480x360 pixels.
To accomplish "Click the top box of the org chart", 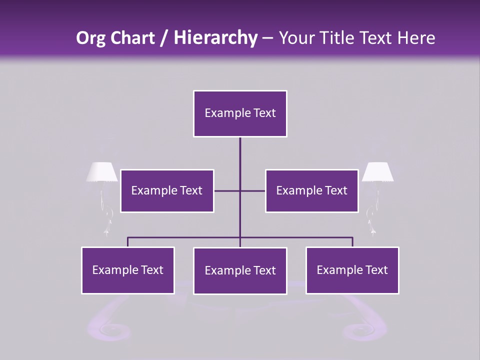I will [x=240, y=113].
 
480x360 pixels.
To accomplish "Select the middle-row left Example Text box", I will [x=167, y=191].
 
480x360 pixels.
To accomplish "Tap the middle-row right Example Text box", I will [x=311, y=191].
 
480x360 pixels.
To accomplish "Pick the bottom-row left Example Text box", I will [x=128, y=270].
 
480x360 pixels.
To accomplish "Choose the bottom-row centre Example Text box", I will [x=240, y=270].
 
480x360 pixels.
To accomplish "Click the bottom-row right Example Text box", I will [x=352, y=270].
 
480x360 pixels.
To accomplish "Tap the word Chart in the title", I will [x=131, y=38].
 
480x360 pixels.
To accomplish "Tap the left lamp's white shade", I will [x=102, y=172].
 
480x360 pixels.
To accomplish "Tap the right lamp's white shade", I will [x=377, y=172].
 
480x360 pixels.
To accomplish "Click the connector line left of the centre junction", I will [x=227, y=190].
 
